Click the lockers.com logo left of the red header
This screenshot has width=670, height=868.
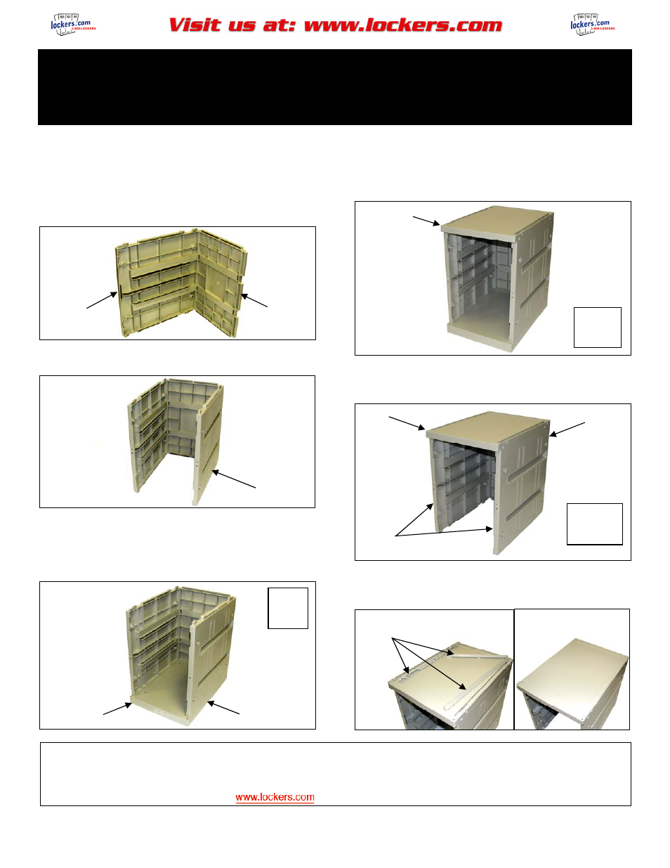(72, 25)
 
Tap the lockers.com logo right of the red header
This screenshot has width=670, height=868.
(592, 25)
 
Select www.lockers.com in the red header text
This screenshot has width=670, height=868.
(403, 25)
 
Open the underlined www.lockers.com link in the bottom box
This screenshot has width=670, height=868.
(275, 797)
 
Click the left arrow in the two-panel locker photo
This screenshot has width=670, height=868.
(102, 300)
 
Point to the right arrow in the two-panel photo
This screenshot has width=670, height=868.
(254, 300)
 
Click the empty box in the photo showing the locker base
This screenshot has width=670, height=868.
(288, 608)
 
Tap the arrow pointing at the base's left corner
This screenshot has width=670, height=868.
(117, 708)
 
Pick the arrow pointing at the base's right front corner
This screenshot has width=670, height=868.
(223, 708)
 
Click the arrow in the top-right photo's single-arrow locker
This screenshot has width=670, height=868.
(426, 221)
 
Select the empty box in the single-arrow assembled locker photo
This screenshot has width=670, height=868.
(597, 327)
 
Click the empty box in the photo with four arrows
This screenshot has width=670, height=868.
(594, 524)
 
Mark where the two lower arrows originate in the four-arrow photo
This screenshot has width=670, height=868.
(396, 536)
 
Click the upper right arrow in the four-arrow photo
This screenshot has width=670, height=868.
(567, 429)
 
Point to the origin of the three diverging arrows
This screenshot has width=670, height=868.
(393, 639)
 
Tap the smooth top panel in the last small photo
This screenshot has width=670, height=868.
(572, 675)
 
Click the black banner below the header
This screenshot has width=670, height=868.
(334, 87)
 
